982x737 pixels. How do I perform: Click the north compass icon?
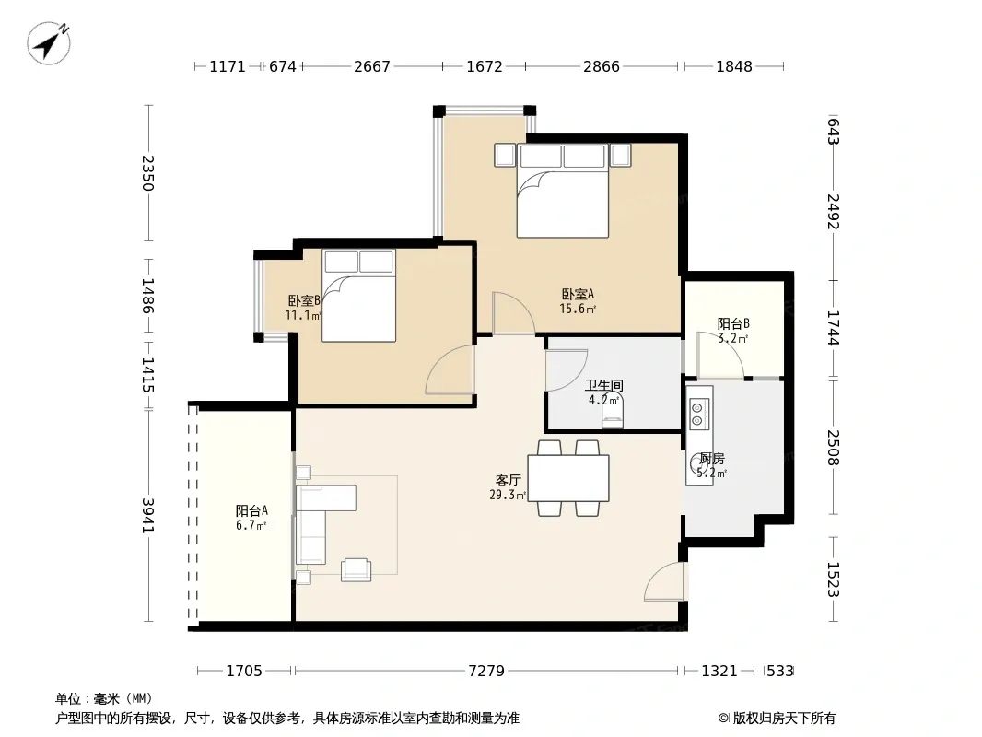click(48, 42)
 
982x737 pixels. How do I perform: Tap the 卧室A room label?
click(578, 294)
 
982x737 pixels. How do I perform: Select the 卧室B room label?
click(304, 301)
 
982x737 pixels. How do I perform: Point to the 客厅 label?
click(508, 480)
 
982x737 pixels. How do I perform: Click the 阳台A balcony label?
click(251, 511)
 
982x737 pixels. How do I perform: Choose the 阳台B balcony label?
click(733, 323)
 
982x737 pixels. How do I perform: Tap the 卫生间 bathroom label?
click(603, 385)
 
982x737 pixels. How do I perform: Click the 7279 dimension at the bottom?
click(486, 671)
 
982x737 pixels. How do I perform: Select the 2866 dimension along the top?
click(602, 66)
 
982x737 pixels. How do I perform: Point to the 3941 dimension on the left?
click(147, 515)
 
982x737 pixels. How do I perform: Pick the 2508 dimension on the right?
click(833, 447)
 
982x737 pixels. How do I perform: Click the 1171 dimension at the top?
click(228, 66)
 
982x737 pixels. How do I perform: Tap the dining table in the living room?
click(568, 478)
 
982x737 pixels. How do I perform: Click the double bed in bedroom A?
click(563, 191)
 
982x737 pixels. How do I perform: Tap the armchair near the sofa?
click(356, 569)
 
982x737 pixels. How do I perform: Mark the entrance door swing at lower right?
click(665, 581)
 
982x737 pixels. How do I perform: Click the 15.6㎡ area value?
click(578, 309)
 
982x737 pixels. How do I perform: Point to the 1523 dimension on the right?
click(833, 579)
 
